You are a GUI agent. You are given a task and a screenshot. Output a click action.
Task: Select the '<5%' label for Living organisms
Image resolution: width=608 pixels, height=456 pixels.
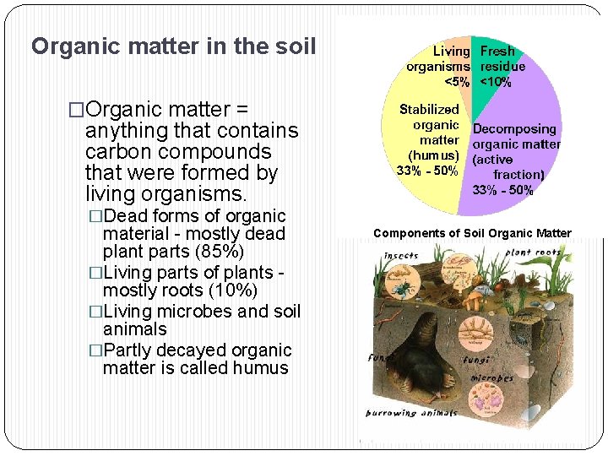pyautogui.click(x=457, y=82)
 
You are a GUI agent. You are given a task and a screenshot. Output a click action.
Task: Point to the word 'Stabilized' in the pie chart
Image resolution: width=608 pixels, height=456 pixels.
pyautogui.click(x=429, y=109)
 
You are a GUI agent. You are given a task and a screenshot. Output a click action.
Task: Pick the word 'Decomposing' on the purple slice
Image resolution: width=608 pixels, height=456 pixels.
pyautogui.click(x=514, y=129)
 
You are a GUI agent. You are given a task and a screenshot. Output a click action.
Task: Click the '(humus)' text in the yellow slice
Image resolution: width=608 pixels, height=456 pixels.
pyautogui.click(x=434, y=155)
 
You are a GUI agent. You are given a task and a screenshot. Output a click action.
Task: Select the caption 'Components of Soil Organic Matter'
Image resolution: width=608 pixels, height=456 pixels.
pyautogui.click(x=472, y=233)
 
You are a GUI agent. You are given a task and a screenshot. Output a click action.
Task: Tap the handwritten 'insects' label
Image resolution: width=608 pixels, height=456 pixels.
pyautogui.click(x=401, y=255)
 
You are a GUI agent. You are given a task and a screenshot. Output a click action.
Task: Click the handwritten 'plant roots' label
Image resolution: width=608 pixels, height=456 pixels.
pyautogui.click(x=534, y=252)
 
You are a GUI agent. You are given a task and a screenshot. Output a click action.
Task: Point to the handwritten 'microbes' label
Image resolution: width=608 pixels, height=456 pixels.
pyautogui.click(x=492, y=378)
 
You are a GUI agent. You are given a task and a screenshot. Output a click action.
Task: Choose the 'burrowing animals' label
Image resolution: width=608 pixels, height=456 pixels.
pyautogui.click(x=411, y=413)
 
